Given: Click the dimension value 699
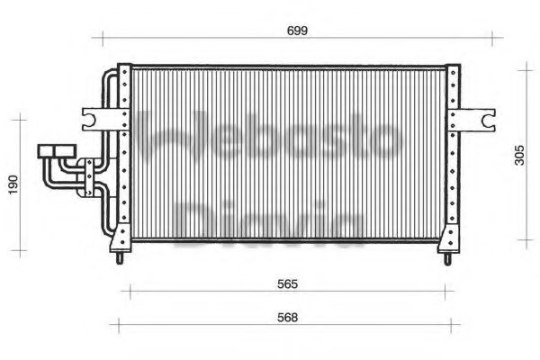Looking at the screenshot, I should pyautogui.click(x=297, y=30).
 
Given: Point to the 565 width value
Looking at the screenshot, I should pyautogui.click(x=286, y=283).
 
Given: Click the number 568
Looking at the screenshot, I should pyautogui.click(x=286, y=317).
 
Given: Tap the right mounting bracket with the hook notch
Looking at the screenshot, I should pyautogui.click(x=476, y=118).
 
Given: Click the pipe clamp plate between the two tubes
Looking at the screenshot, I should pyautogui.click(x=89, y=176).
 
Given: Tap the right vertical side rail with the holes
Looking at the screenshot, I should pyautogui.click(x=451, y=153).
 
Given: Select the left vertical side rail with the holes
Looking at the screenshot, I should pyautogui.click(x=125, y=153).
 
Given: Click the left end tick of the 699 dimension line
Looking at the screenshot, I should pyautogui.click(x=102, y=38).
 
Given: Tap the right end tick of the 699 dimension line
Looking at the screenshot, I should pyautogui.click(x=492, y=38).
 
